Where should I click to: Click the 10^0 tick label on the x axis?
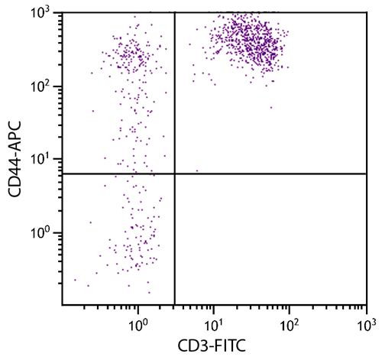point(138,324)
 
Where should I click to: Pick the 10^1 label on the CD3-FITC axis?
point(214,324)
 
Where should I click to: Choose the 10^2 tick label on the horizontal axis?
point(290,324)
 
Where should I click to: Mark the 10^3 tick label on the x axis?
point(366,324)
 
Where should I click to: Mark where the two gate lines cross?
point(175,174)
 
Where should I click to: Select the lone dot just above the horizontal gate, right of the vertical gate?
point(197,170)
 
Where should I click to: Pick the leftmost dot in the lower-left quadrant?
point(75,280)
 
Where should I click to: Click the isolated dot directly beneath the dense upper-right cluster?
point(270,107)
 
